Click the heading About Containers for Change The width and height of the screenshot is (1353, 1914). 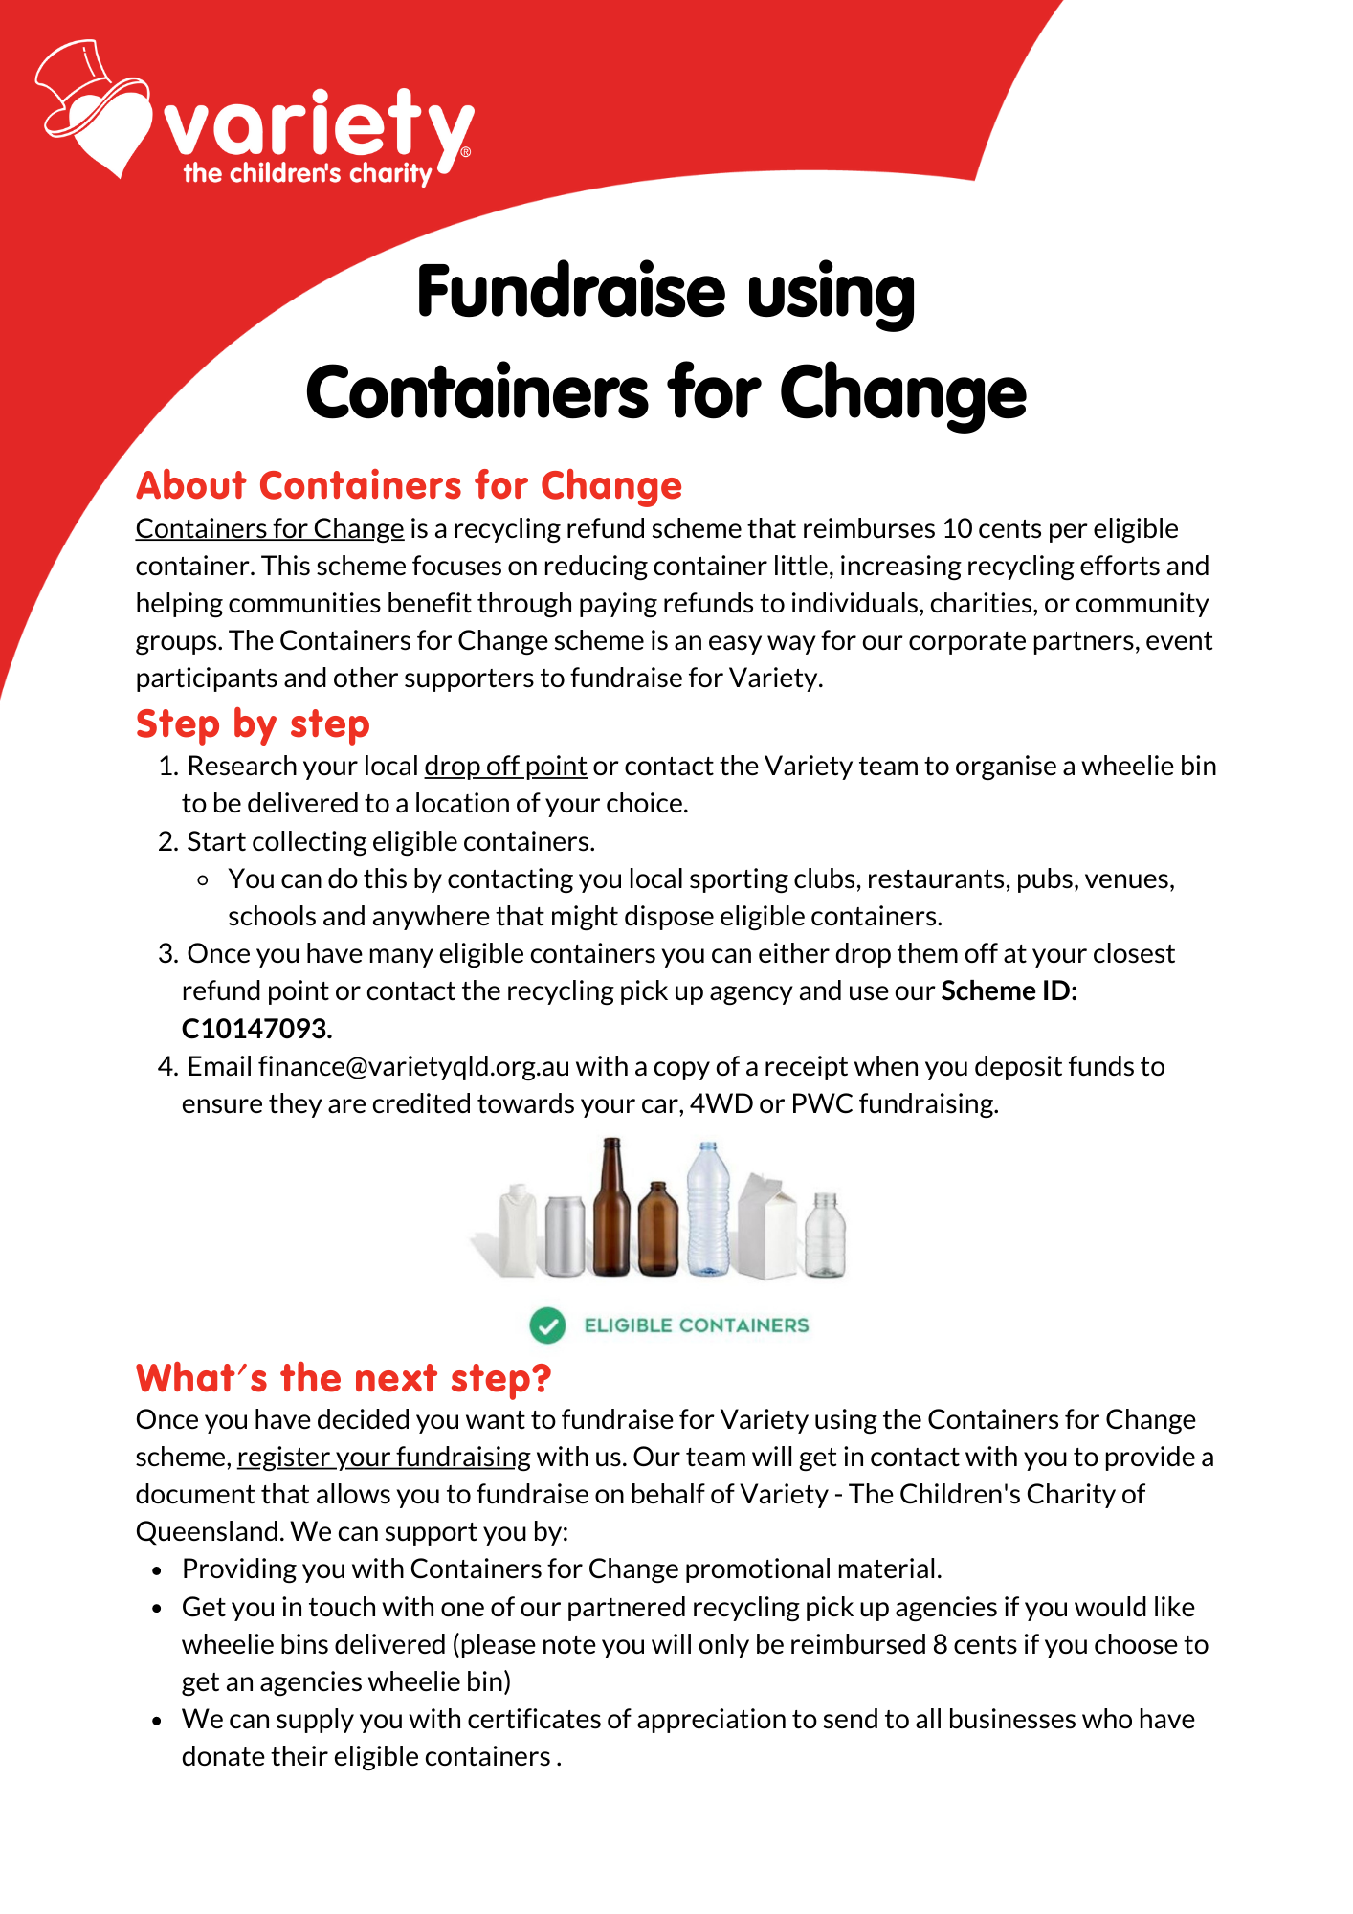click(x=409, y=486)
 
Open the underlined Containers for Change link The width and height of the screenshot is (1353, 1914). click(x=270, y=529)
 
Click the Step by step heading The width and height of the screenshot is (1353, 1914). click(x=253, y=724)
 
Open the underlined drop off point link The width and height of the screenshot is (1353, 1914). click(x=505, y=767)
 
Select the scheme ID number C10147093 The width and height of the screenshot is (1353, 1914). click(x=256, y=1029)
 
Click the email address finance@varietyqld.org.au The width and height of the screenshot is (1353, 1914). click(x=413, y=1066)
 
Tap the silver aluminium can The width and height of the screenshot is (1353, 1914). click(x=565, y=1235)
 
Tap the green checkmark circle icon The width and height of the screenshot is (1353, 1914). click(x=547, y=1325)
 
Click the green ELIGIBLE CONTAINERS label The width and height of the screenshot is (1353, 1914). click(x=697, y=1325)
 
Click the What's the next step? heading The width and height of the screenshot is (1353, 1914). click(x=344, y=1379)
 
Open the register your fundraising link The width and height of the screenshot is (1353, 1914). click(x=384, y=1458)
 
